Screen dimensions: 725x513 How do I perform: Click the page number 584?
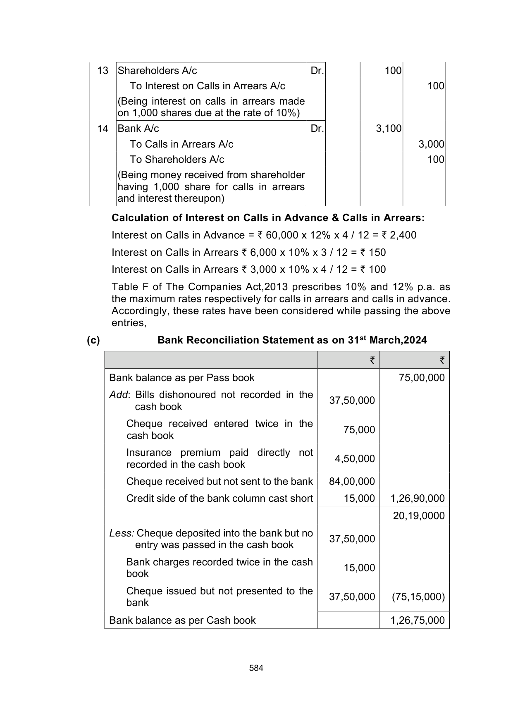pyautogui.click(x=256, y=668)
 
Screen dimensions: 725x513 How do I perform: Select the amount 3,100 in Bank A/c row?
pyautogui.click(x=389, y=129)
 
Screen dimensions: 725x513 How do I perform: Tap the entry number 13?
pyautogui.click(x=103, y=71)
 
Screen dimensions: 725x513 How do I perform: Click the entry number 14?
pyautogui.click(x=103, y=129)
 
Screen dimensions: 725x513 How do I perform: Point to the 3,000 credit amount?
pyautogui.click(x=431, y=144)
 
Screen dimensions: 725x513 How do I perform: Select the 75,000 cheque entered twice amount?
pyautogui.click(x=359, y=430)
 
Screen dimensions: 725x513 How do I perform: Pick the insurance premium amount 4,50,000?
pyautogui.click(x=355, y=459)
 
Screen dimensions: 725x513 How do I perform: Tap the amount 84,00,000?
pyautogui.click(x=352, y=482)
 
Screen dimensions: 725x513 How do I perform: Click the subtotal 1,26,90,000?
pyautogui.click(x=418, y=499)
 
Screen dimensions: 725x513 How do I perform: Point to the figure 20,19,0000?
pyautogui.click(x=419, y=516)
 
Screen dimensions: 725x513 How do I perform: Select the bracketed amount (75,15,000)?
pyautogui.click(x=418, y=597)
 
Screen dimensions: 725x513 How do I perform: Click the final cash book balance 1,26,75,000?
pyautogui.click(x=418, y=620)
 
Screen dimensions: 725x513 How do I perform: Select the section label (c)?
pyautogui.click(x=93, y=340)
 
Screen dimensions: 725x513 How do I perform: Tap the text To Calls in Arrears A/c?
pyautogui.click(x=181, y=144)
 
